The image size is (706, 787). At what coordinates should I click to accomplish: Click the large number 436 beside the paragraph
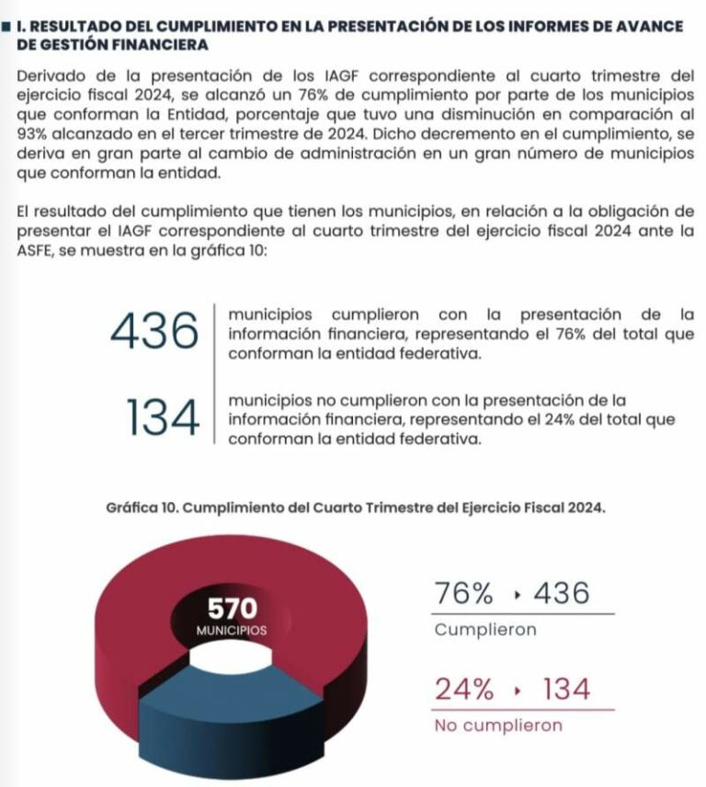(153, 331)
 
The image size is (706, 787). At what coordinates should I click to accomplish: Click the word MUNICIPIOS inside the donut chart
(232, 632)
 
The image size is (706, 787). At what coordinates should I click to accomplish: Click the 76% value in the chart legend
(466, 595)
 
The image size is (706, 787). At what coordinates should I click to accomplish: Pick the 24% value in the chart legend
(466, 689)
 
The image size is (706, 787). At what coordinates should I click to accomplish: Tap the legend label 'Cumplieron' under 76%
(484, 631)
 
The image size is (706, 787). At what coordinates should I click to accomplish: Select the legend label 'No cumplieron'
(498, 725)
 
